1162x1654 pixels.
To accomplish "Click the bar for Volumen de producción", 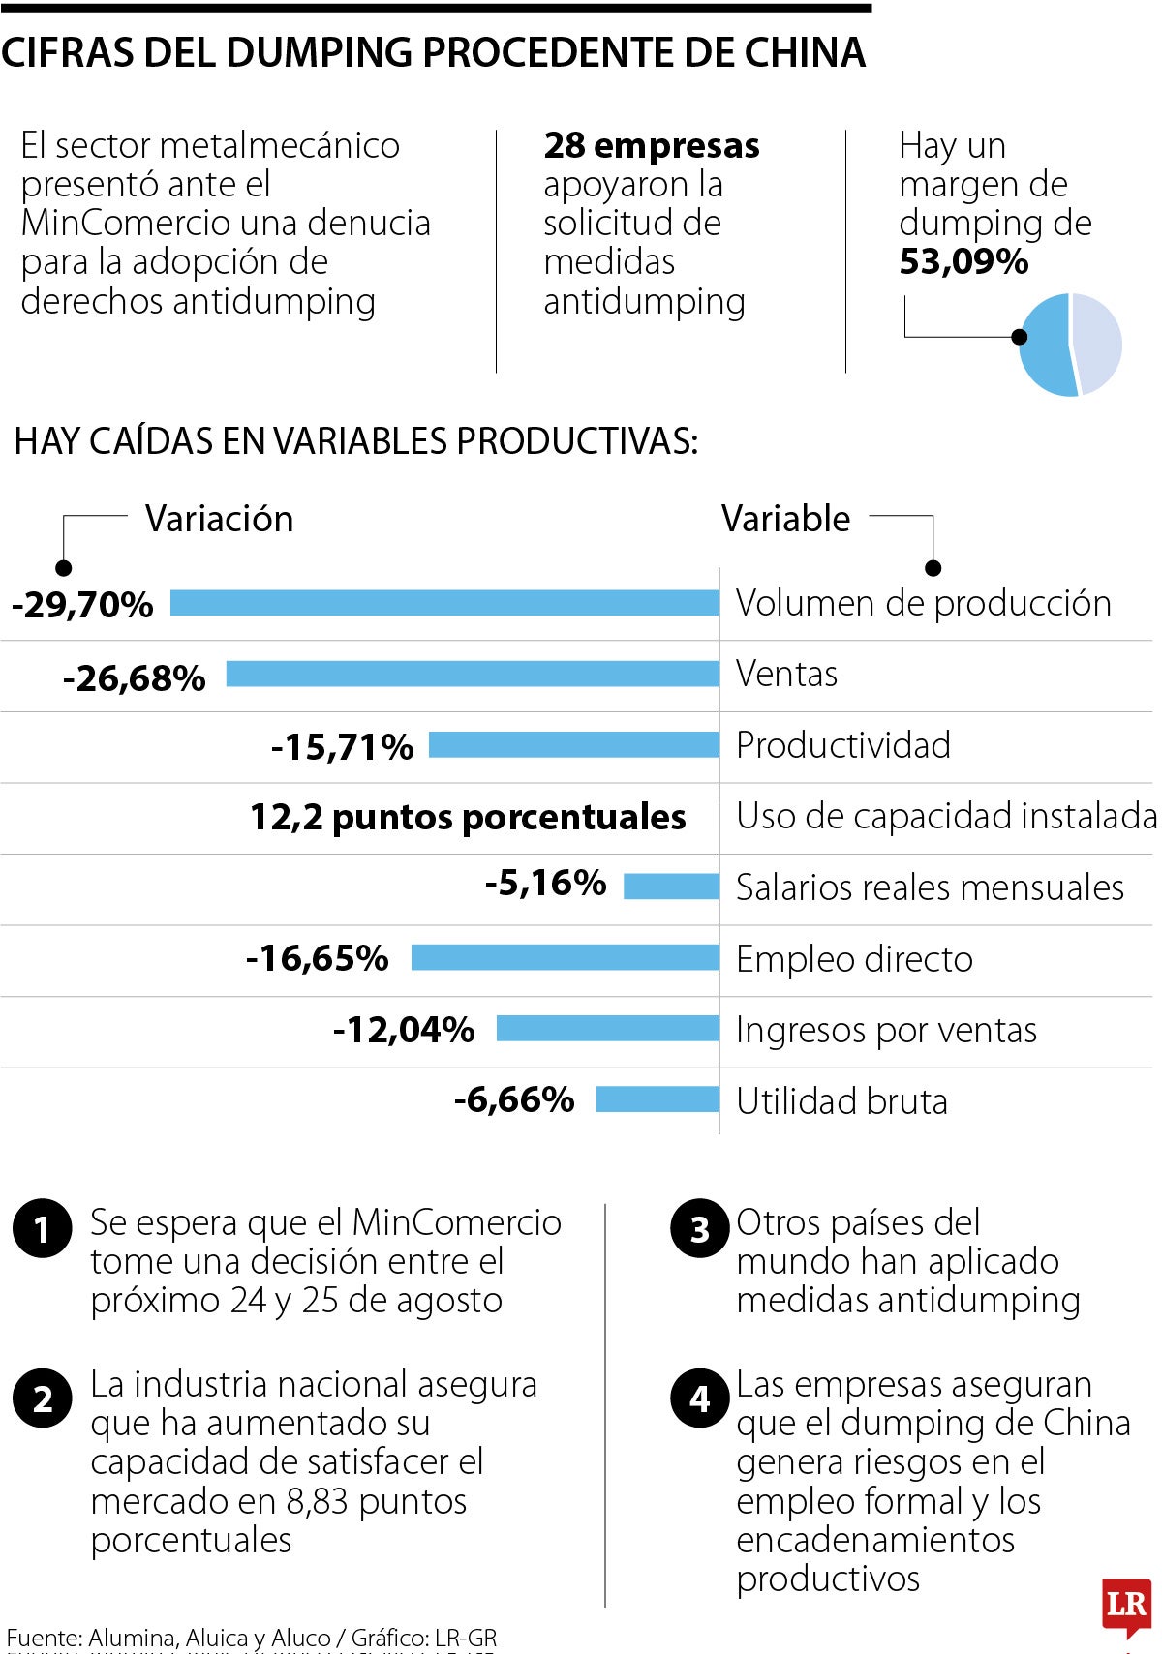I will coord(444,603).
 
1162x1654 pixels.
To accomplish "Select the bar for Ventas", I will coord(473,674).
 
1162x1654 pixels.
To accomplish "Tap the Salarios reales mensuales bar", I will coord(671,886).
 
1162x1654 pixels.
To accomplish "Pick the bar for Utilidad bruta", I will coord(657,1099).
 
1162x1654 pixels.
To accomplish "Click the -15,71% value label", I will coord(342,747).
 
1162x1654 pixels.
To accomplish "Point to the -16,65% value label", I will coord(318,958).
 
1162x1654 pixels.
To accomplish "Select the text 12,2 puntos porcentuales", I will coord(468,817).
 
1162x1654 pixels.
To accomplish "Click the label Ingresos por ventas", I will coord(886,1030).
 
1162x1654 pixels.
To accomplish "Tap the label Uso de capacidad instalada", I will coord(946,816).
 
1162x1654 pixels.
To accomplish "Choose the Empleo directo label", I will coord(854,959).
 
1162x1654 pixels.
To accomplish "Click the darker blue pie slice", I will coord(1046,346).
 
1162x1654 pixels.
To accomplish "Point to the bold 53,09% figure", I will coord(963,262).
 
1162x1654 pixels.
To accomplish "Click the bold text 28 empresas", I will coord(652,145).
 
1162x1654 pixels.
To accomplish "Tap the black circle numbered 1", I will coord(43,1229).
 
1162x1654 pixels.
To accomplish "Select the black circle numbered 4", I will coord(699,1399).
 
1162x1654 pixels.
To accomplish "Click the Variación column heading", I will coord(219,519).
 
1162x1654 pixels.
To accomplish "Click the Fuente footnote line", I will coord(252,1638).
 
